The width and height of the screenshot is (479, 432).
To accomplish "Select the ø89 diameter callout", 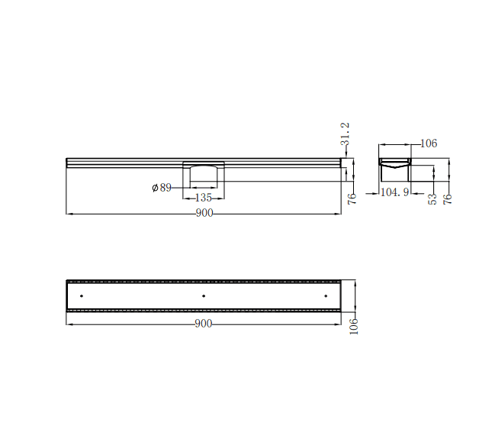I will pyautogui.click(x=162, y=187).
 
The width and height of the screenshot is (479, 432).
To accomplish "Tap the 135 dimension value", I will pyautogui.click(x=203, y=197).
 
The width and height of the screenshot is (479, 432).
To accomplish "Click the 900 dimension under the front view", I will pyautogui.click(x=204, y=214).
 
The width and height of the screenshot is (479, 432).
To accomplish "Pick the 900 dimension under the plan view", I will pyautogui.click(x=203, y=324).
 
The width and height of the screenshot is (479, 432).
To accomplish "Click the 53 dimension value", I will pyautogui.click(x=432, y=200).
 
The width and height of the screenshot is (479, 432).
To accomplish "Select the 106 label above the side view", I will pyautogui.click(x=429, y=143).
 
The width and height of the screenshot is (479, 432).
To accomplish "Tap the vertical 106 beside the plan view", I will pyautogui.click(x=353, y=325).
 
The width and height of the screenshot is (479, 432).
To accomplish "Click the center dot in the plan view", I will pyautogui.click(x=204, y=295).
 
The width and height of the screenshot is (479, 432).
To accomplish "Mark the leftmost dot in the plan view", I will pyautogui.click(x=82, y=295).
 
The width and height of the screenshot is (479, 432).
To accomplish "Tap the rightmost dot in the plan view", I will pyautogui.click(x=326, y=295).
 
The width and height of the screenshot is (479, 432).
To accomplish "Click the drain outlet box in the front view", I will pyautogui.click(x=204, y=175).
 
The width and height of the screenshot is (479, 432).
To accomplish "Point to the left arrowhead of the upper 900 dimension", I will pyautogui.click(x=69, y=214).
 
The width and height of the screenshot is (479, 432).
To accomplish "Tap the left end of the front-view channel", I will pyautogui.click(x=69, y=161).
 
